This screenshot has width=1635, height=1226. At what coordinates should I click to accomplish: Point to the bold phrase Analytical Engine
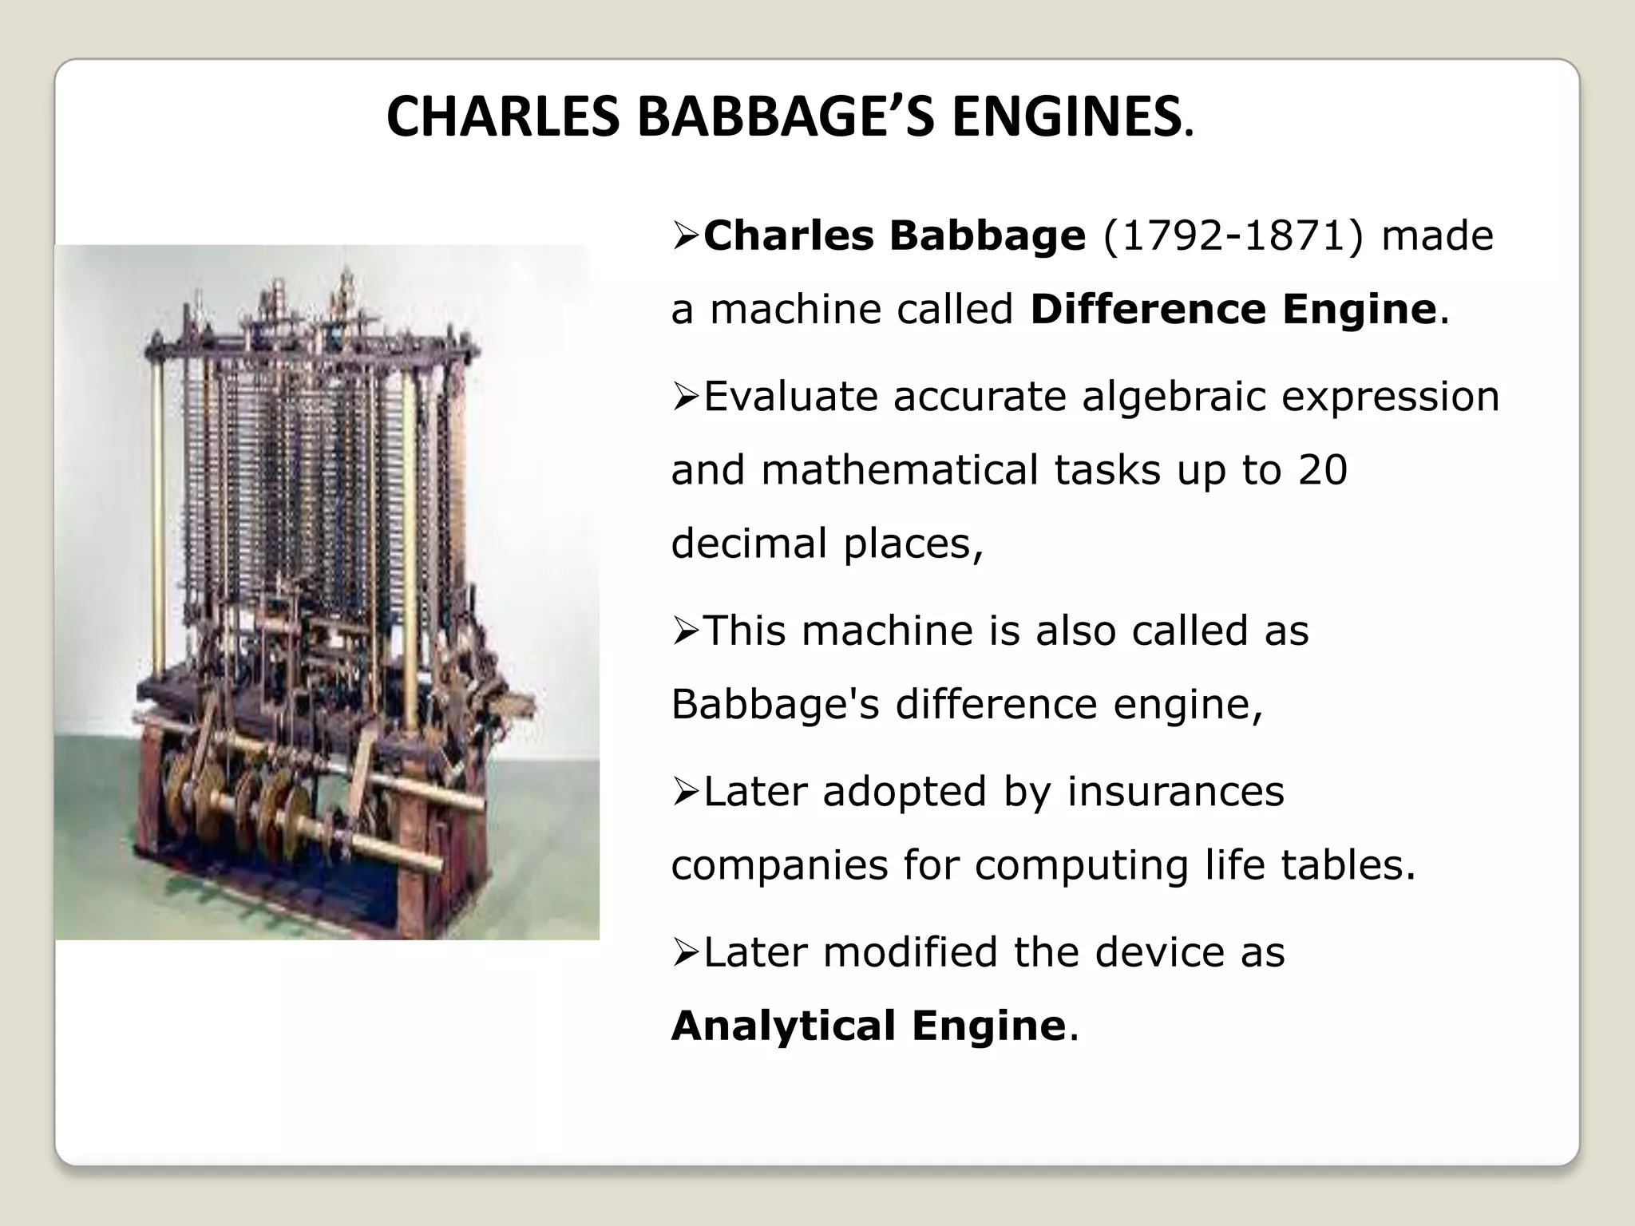pos(869,1026)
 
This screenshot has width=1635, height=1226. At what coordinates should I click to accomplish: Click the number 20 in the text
pos(1323,469)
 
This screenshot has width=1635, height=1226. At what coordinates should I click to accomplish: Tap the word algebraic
pos(1174,397)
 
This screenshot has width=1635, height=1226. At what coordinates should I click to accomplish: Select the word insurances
pos(1176,792)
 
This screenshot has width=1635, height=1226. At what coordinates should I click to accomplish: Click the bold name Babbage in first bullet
pos(987,236)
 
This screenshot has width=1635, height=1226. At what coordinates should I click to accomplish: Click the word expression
pos(1391,397)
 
